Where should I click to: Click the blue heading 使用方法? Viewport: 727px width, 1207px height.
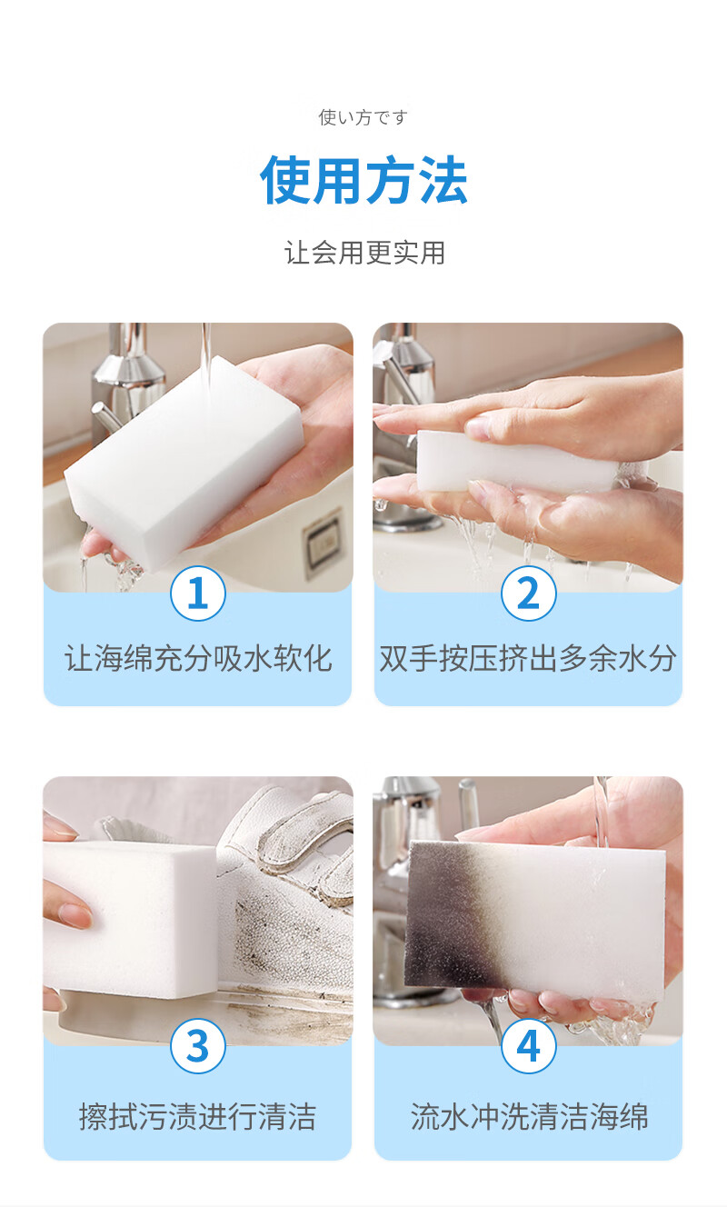[x=363, y=179]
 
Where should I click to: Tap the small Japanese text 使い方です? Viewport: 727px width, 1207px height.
[x=363, y=117]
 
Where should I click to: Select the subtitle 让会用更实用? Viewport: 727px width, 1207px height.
[x=364, y=253]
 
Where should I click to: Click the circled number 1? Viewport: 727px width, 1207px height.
[x=198, y=594]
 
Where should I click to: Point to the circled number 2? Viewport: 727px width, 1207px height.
[x=528, y=594]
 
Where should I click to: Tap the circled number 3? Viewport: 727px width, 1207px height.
[x=198, y=1046]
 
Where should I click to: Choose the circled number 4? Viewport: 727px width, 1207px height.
[x=528, y=1046]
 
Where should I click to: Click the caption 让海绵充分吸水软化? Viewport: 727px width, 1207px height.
[x=198, y=658]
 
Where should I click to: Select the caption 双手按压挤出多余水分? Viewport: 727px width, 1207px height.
[x=528, y=658]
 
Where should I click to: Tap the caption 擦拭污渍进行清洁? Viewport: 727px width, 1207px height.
[x=198, y=1116]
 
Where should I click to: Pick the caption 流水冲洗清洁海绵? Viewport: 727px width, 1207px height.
[x=529, y=1116]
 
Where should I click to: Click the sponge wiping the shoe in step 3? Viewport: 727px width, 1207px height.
[x=129, y=922]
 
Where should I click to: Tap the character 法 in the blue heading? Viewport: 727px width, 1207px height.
[x=443, y=179]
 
